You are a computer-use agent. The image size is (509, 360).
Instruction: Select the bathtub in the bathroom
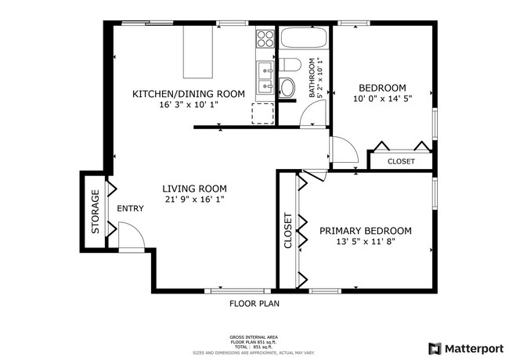pos(306,39)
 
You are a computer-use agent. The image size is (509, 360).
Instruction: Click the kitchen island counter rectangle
pos(198,51)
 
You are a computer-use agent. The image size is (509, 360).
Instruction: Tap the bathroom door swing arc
pos(312,117)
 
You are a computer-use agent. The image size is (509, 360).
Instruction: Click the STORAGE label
pos(96,212)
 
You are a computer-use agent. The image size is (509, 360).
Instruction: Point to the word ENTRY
pos(131,209)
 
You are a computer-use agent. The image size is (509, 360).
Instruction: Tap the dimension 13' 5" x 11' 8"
pos(366,243)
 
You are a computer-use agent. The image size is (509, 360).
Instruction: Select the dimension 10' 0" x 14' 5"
pos(381,99)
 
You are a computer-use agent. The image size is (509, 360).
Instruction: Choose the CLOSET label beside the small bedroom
pos(401,161)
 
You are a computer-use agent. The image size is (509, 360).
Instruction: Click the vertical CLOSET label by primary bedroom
pos(287,231)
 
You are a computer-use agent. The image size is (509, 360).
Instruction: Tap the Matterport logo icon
pos(434,347)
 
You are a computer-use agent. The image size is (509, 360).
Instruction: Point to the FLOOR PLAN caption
pos(254,304)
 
